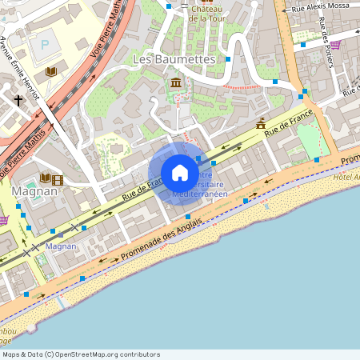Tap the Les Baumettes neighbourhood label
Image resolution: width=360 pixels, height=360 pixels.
pos(174,59)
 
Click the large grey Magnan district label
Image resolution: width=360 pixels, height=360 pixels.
pos(34,191)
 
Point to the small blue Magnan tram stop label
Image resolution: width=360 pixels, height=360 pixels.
pos(61,246)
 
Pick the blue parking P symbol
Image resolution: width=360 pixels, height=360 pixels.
pos(45,44)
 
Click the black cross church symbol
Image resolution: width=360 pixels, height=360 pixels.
pos(18,100)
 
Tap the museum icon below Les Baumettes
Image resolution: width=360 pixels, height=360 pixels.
pos(176,83)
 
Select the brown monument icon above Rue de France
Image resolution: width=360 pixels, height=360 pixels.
pos(260,123)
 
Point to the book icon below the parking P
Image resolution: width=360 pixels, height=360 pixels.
pos(52,72)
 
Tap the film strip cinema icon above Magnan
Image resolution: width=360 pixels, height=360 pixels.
pos(58,179)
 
